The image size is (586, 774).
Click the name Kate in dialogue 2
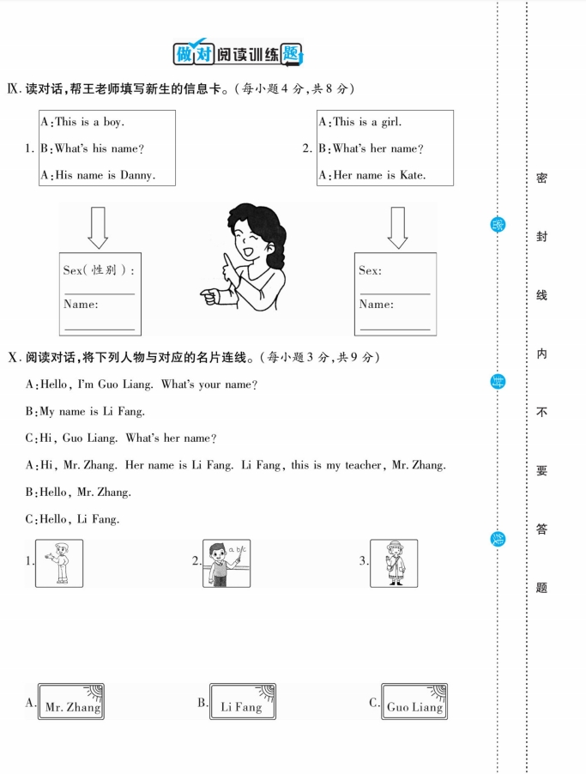pyautogui.click(x=412, y=175)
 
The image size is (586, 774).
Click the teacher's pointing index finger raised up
pyautogui.click(x=225, y=262)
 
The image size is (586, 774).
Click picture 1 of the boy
pyautogui.click(x=59, y=563)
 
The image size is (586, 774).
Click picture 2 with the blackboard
pyautogui.click(x=227, y=563)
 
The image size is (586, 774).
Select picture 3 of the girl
pyautogui.click(x=394, y=563)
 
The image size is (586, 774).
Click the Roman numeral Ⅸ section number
pyautogui.click(x=13, y=88)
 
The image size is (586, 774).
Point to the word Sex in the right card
pyautogui.click(x=370, y=270)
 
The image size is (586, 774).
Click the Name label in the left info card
pyautogui.click(x=81, y=304)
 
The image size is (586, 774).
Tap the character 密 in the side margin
pyautogui.click(x=541, y=178)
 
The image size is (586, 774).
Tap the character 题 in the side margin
pyautogui.click(x=541, y=588)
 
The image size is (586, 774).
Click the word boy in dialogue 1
pyautogui.click(x=114, y=122)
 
